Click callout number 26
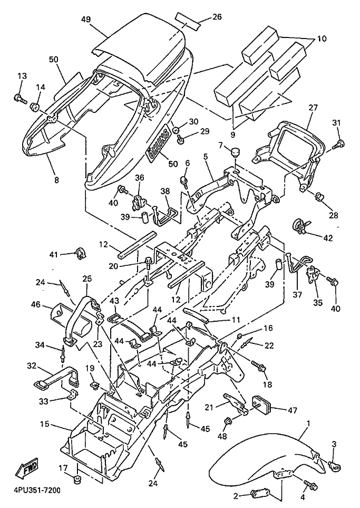point(217,16)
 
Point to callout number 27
point(313,108)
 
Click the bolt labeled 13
point(21,98)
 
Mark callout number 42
point(328,238)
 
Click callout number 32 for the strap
point(31,365)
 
